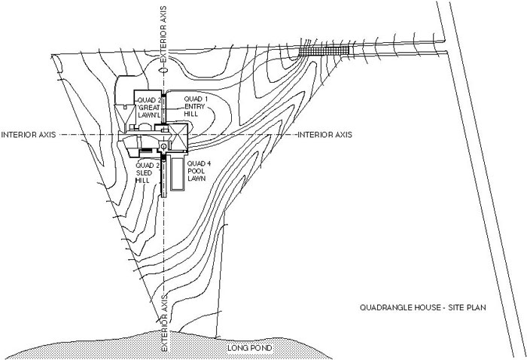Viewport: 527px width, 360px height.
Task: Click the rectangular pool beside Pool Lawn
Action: [x=178, y=175]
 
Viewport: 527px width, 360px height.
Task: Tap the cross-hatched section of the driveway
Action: [x=325, y=49]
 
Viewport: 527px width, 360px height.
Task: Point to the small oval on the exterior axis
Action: [x=163, y=69]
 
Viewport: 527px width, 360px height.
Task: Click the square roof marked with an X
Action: [x=175, y=139]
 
